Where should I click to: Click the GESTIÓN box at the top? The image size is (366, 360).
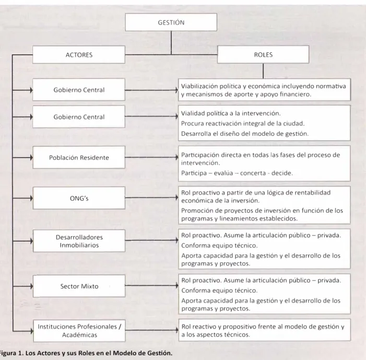pos(171,22)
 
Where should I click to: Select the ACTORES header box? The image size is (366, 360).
pos(79,55)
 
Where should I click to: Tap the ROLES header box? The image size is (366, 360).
pos(263,54)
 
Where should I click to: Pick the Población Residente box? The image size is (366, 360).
pos(79,157)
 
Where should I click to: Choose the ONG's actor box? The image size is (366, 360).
pos(79,198)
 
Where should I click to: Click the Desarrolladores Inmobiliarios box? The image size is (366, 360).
pos(79,241)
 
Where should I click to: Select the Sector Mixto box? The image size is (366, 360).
pos(79,286)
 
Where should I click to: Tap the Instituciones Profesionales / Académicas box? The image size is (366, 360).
pos(79,331)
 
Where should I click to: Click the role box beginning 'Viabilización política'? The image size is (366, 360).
pos(264,90)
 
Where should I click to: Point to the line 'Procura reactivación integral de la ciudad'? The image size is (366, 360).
pos(243,123)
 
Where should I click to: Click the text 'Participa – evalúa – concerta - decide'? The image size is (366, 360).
pos(237,173)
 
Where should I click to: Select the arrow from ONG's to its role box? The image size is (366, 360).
pos(152,198)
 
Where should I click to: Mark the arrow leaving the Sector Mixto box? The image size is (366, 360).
pos(152,285)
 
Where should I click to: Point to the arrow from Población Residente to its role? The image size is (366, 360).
pos(152,157)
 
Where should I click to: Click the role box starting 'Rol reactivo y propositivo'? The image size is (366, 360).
pos(265,330)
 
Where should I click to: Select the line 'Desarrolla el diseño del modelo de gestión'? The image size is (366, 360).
pos(245,134)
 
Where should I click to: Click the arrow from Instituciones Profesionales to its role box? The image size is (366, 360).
pos(152,330)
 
